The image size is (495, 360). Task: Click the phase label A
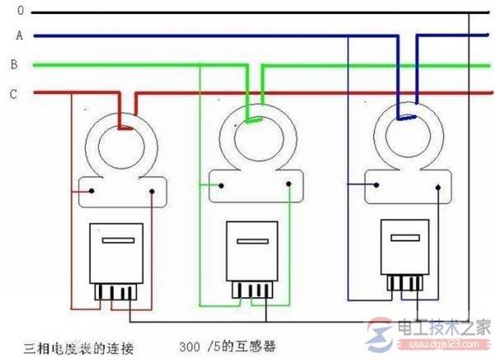pyautogui.click(x=16, y=36)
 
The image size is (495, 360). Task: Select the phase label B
pyautogui.click(x=15, y=64)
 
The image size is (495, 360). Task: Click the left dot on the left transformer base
pyautogui.click(x=93, y=192)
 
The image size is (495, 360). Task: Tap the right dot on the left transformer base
pyautogui.click(x=153, y=192)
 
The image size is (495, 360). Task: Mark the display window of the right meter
pyautogui.click(x=403, y=238)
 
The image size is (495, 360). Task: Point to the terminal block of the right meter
pyautogui.click(x=404, y=281)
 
